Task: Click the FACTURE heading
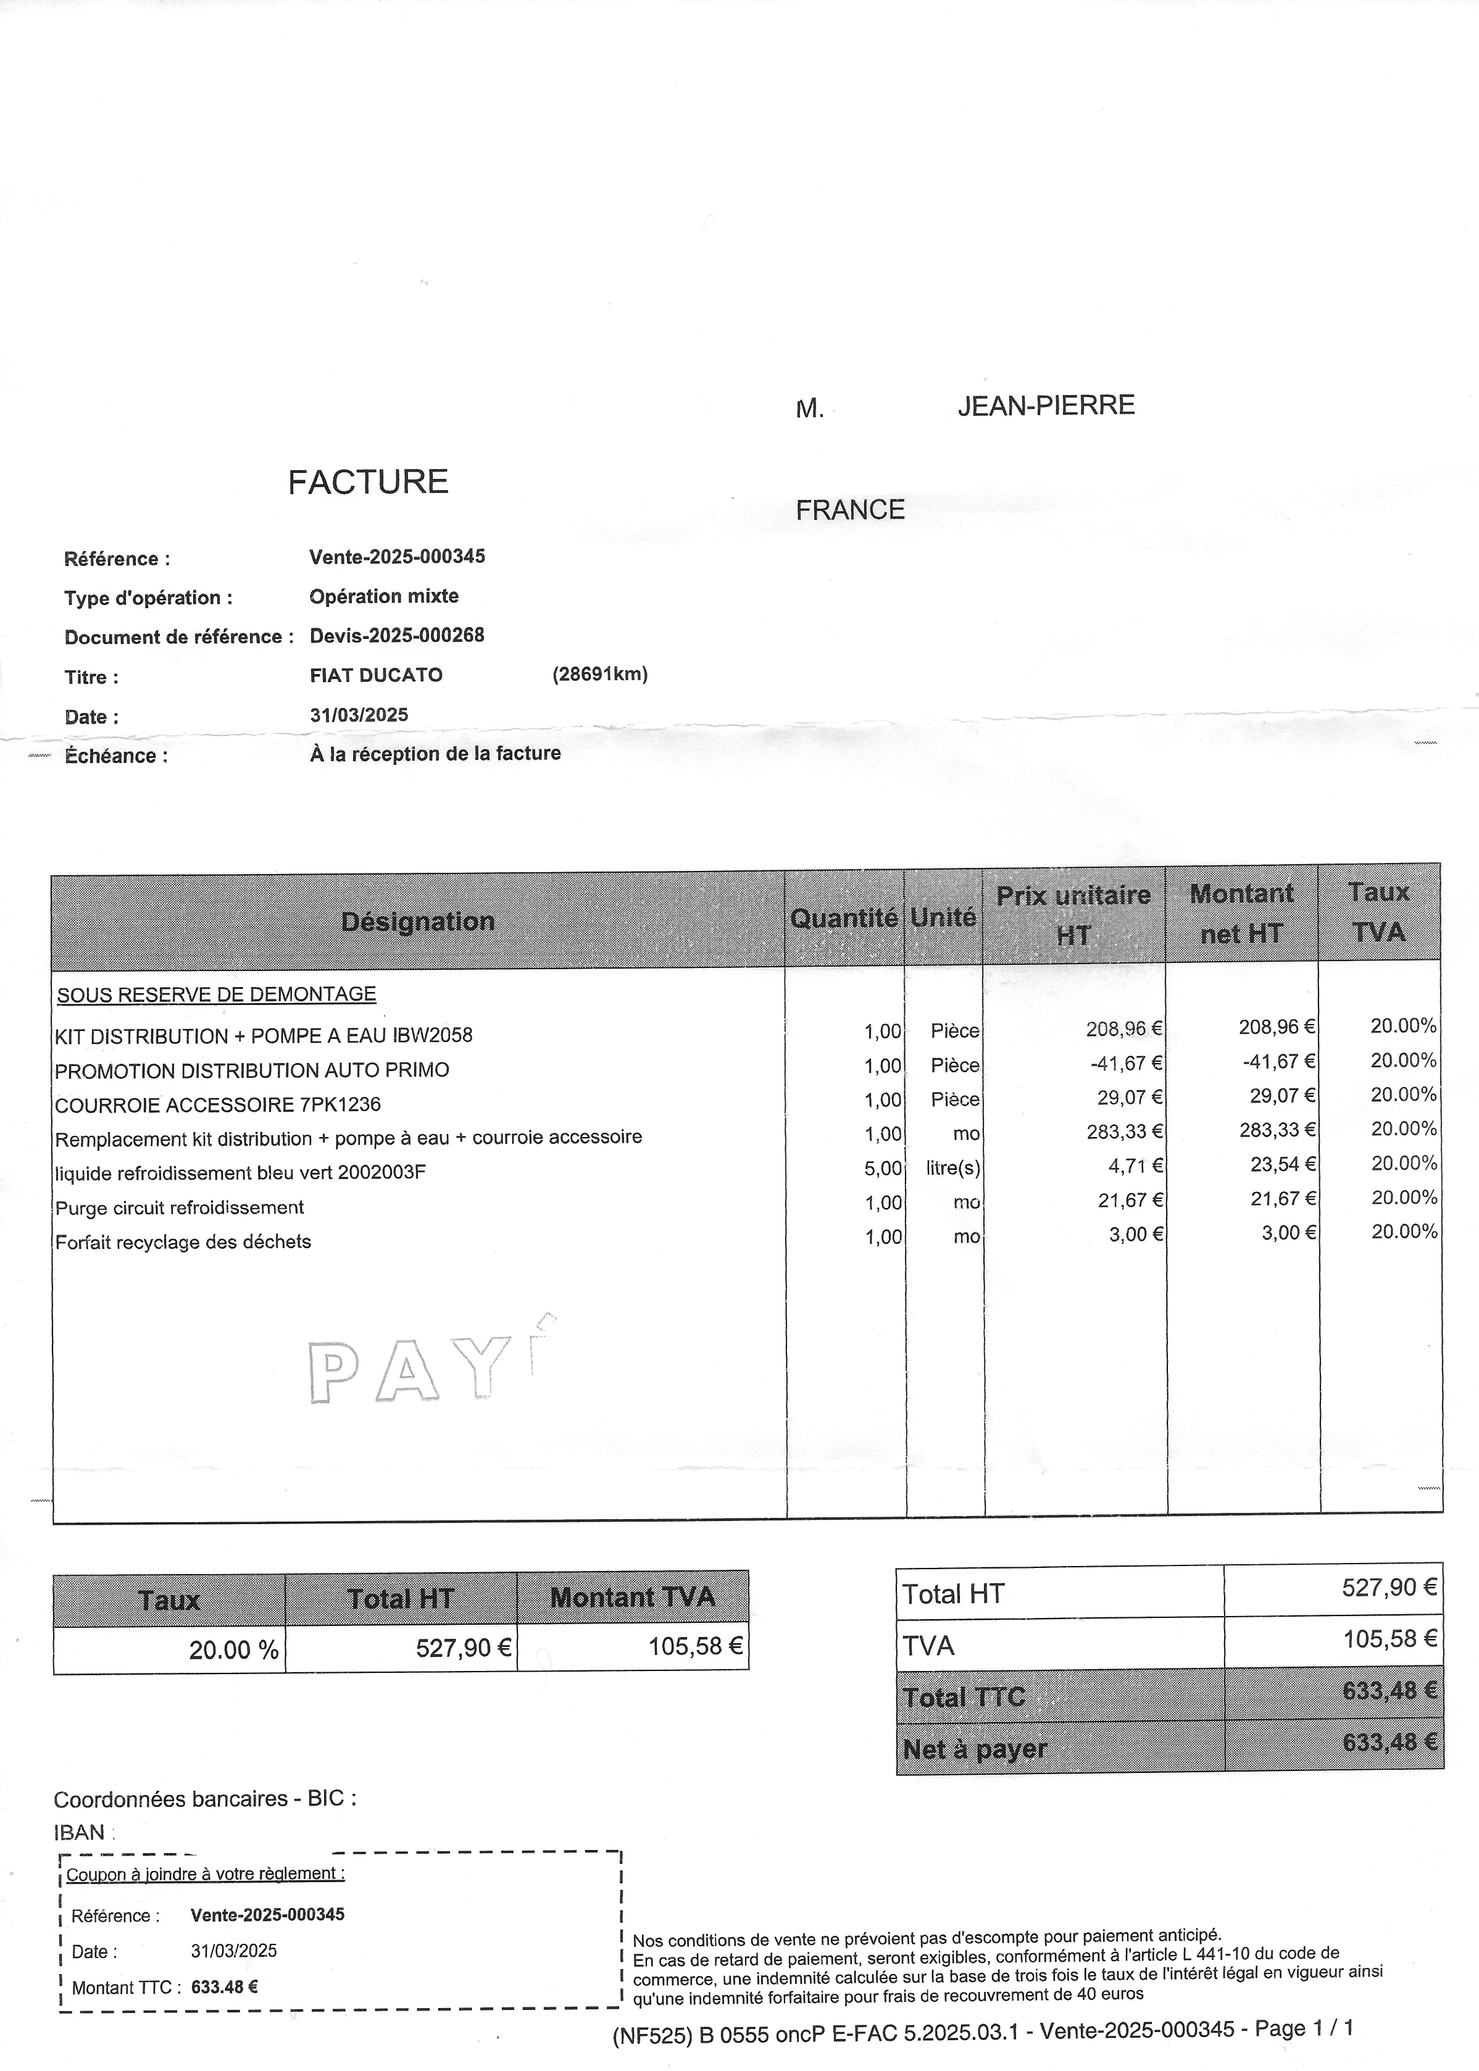pyautogui.click(x=368, y=481)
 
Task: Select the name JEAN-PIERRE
pyautogui.click(x=1046, y=406)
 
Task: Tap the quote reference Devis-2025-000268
pyautogui.click(x=397, y=636)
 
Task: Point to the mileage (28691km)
pyautogui.click(x=599, y=675)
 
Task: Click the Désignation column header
pyautogui.click(x=417, y=922)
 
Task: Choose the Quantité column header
pyautogui.click(x=843, y=918)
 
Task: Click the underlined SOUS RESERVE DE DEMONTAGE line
pyautogui.click(x=217, y=994)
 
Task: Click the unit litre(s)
pyautogui.click(x=952, y=1167)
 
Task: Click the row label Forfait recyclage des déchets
pyautogui.click(x=183, y=1242)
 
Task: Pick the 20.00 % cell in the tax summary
pyautogui.click(x=233, y=1650)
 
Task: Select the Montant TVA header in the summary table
pyautogui.click(x=632, y=1598)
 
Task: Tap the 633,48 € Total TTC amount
pyautogui.click(x=1389, y=1691)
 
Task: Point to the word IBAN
pyautogui.click(x=80, y=1832)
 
